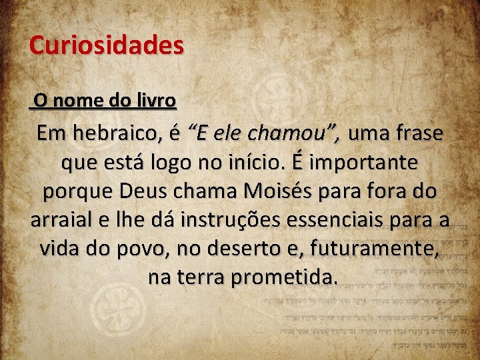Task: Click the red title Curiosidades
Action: pyautogui.click(x=106, y=45)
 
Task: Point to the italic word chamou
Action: pyautogui.click(x=300, y=133)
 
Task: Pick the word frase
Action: pyautogui.click(x=419, y=133)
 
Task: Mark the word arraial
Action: pyautogui.click(x=63, y=219)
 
